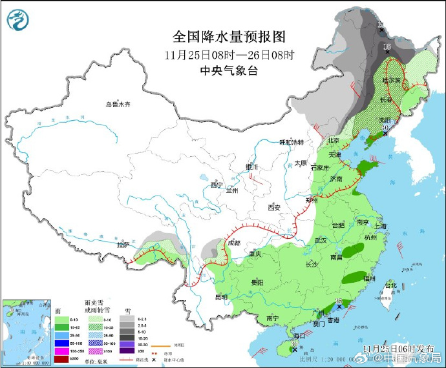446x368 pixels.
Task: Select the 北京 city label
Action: (333, 140)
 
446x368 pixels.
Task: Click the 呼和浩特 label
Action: (291, 142)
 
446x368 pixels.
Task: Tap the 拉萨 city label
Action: (123, 245)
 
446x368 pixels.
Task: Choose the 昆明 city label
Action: (220, 297)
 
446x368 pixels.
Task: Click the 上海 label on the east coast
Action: (379, 226)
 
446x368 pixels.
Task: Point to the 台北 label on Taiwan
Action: (391, 285)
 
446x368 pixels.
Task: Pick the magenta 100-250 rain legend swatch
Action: (64, 351)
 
